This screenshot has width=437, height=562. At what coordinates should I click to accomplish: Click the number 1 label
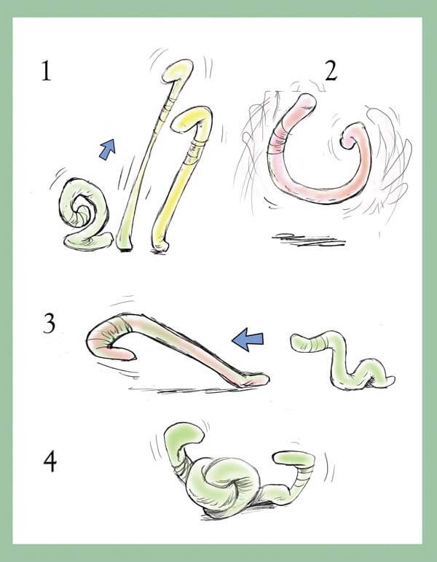pyautogui.click(x=46, y=71)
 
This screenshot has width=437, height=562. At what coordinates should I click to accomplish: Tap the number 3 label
pyautogui.click(x=49, y=323)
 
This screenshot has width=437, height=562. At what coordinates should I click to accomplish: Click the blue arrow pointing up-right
pyautogui.click(x=108, y=149)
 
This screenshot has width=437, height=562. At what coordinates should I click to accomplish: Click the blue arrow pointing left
pyautogui.click(x=248, y=339)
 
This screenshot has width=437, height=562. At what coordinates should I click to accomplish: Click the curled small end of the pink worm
pyautogui.click(x=350, y=138)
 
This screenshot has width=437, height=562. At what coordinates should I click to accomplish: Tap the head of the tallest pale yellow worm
pyautogui.click(x=178, y=71)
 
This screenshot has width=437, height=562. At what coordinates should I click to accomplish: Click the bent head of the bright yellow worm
pyautogui.click(x=190, y=119)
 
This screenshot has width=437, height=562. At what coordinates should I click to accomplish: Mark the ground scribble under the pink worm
pyautogui.click(x=309, y=239)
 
